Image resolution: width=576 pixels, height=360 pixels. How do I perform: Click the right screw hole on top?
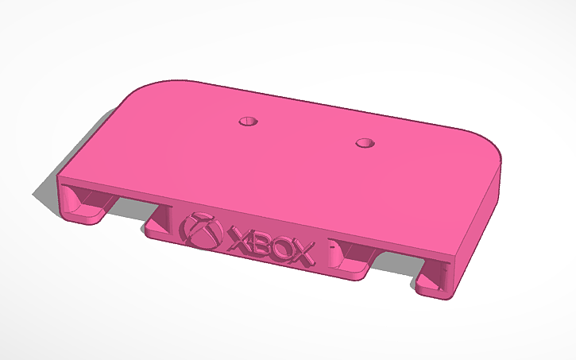(365, 143)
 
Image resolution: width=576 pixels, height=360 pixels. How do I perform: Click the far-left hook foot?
(87, 212)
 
